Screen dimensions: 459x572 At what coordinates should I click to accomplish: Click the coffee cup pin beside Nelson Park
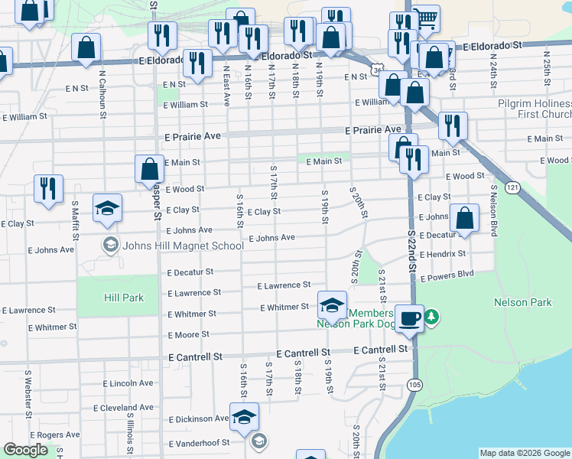[x=410, y=317]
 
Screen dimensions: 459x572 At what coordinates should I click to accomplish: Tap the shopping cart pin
[x=425, y=18]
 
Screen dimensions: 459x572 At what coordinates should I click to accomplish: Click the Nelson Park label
[x=523, y=302]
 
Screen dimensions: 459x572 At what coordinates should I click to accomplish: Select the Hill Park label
[x=103, y=295]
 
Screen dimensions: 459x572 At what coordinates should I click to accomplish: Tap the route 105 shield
[x=414, y=384]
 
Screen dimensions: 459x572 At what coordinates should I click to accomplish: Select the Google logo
[x=26, y=451]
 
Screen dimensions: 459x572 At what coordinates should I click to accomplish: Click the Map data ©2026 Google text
[x=524, y=453]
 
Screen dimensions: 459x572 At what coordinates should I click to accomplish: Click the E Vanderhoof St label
[x=199, y=443]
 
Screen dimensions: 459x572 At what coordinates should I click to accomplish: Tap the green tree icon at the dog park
[x=431, y=316]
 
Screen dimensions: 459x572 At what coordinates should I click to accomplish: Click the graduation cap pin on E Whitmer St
[x=333, y=304]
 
